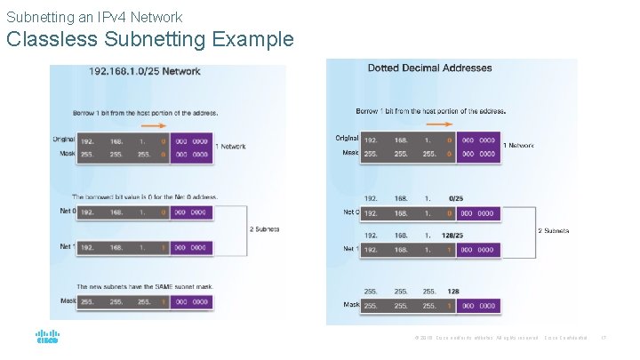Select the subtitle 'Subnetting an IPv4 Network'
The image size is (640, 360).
(x=94, y=17)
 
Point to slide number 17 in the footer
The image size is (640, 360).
(x=604, y=339)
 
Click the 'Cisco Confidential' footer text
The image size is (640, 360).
(x=565, y=339)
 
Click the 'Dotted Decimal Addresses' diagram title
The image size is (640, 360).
(x=430, y=68)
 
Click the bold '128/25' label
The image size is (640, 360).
(x=453, y=236)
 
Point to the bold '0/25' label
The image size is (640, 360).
(x=455, y=198)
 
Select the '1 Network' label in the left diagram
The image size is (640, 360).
(x=233, y=147)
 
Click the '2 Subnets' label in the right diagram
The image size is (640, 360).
(x=554, y=230)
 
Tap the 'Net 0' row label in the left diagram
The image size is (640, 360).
(x=66, y=212)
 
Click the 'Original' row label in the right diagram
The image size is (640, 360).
(x=347, y=138)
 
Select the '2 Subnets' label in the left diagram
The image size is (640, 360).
(x=264, y=229)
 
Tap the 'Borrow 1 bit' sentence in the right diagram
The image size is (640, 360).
(x=431, y=111)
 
